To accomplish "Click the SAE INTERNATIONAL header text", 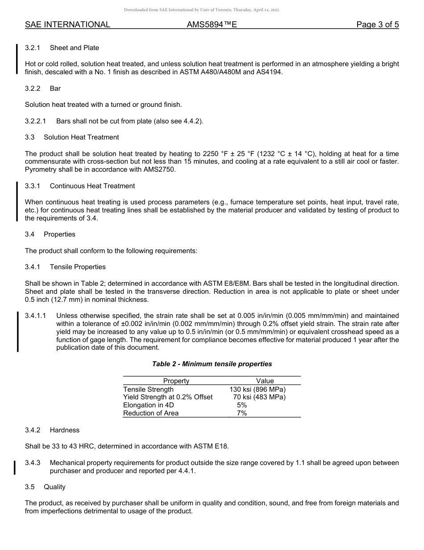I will coord(67,25).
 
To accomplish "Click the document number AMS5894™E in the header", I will coord(212,25).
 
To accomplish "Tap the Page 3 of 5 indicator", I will coord(377,25).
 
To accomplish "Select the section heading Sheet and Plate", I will coord(75,48).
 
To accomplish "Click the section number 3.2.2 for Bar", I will coord(33,89).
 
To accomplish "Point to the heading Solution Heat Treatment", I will coord(81,137).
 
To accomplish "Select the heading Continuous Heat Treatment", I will coord(92,186).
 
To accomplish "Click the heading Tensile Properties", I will coord(78,267).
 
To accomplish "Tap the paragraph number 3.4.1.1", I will coord(36,316).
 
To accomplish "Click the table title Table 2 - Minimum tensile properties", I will coord(212,364).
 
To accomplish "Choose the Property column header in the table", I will coord(176,381).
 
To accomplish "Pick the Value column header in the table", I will coord(265,381).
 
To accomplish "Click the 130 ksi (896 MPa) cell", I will coord(258,389).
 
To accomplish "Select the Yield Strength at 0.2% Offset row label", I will coord(168,397).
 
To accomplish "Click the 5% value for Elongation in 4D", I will coord(242,405).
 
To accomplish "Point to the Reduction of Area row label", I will coord(151,413).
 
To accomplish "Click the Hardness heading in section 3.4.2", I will coord(65,430).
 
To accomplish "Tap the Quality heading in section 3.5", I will coord(54,487).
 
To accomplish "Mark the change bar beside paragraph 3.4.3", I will coord(15,467).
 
